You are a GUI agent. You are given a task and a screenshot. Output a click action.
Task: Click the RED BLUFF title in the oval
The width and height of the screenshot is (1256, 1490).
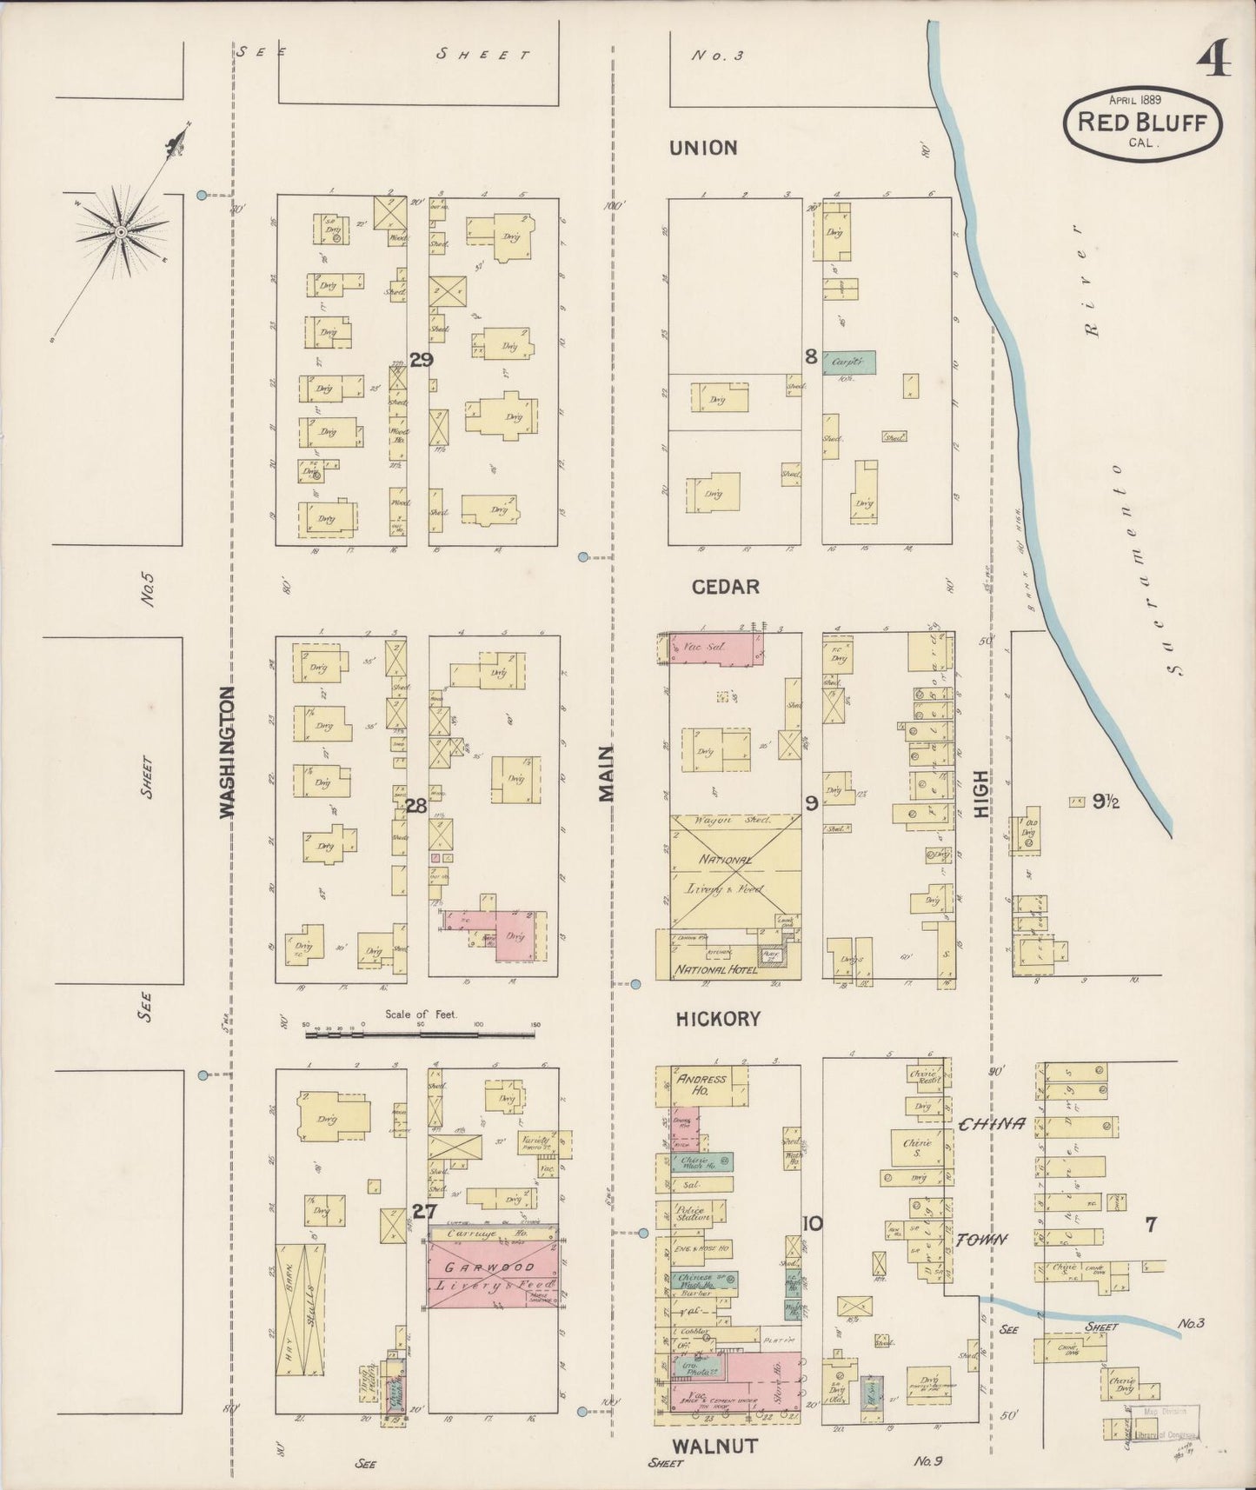1142,122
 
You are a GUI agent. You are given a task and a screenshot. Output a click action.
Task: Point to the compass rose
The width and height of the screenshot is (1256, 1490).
121,232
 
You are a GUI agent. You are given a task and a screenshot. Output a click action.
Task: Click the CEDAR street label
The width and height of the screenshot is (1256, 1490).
725,587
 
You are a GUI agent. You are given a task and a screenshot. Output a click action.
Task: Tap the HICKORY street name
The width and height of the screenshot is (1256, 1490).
718,1019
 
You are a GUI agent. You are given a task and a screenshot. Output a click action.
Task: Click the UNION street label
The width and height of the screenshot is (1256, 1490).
703,148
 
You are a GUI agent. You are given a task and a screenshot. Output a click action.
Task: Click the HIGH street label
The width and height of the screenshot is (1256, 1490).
981,793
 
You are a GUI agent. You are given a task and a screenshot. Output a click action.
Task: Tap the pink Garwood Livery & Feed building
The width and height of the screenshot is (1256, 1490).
491,1276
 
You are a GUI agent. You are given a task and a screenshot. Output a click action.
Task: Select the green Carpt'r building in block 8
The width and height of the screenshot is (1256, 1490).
849,362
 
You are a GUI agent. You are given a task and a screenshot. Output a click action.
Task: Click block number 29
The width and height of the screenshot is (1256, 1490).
421,360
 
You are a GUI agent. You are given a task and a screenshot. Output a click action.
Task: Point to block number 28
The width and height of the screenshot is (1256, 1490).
415,806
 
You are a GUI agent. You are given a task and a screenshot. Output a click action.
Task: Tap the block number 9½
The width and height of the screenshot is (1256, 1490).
1105,802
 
